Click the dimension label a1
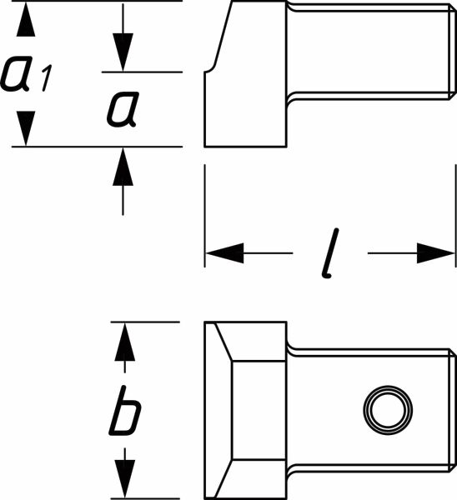coord(26,73)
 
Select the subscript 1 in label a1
coord(46,78)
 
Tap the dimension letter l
coord(330,252)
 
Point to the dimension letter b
coord(124,410)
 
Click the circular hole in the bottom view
coord(388,410)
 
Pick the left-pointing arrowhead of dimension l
coord(224,253)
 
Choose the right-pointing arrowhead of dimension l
coord(436,253)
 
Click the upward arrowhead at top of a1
coord(26,19)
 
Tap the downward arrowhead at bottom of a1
coord(26,128)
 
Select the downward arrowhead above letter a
coord(123,52)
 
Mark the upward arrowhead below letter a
coord(123,167)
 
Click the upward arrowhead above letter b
coord(124,342)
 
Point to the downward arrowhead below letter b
coord(124,478)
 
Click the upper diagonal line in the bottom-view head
coord(223,342)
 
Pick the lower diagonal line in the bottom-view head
coord(223,478)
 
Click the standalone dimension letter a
coord(123,109)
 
